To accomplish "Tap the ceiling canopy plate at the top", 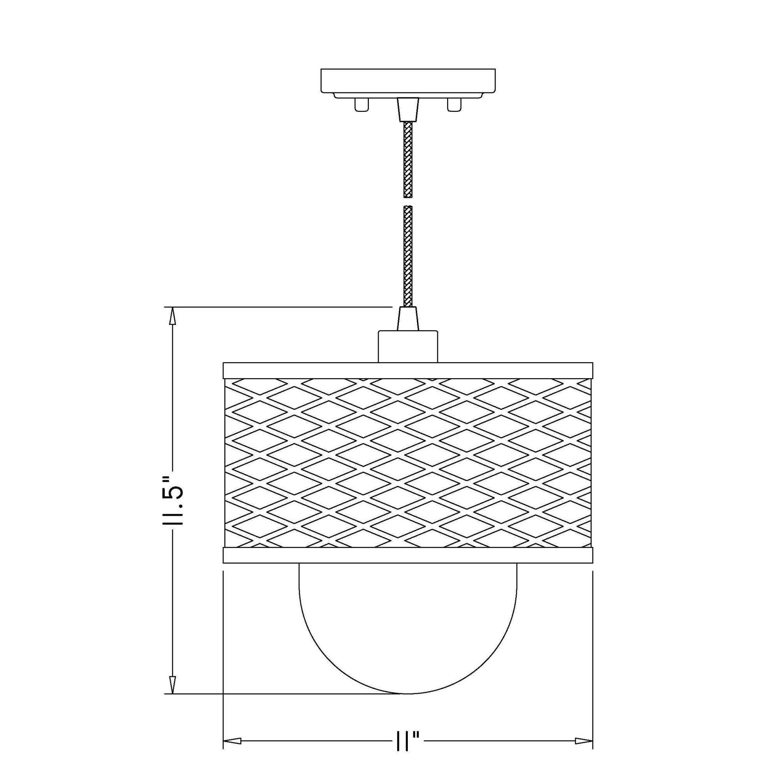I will (x=408, y=80).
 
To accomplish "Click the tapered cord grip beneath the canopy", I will (x=408, y=109).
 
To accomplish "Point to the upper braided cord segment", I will (x=408, y=159).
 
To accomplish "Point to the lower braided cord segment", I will (x=408, y=256).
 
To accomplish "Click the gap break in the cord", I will (x=408, y=202).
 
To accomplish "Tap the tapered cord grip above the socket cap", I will (x=408, y=319).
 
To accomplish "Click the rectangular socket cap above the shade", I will (x=408, y=346).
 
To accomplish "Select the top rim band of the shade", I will (x=408, y=370).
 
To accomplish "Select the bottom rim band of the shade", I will (x=408, y=555).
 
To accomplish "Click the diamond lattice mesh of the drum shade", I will (x=408, y=462).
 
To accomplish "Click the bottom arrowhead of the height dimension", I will (x=173, y=685).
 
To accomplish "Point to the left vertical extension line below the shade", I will (x=223, y=645).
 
